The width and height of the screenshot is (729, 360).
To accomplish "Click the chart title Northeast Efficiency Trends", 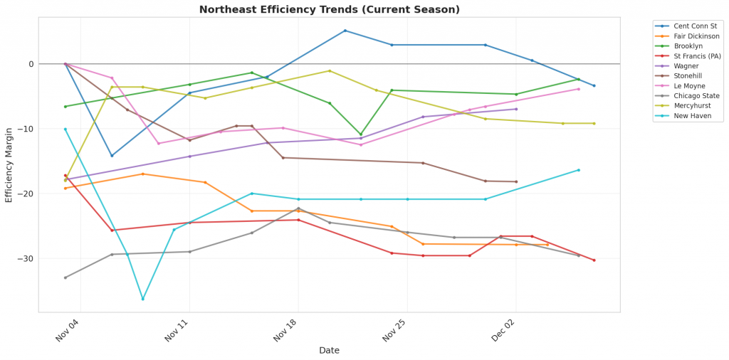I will tap(329, 10).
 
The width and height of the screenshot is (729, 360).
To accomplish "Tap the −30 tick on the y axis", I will tap(24, 258).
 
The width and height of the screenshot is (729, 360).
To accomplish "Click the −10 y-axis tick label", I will tap(24, 129).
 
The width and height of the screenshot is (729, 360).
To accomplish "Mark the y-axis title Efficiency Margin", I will tap(9, 164).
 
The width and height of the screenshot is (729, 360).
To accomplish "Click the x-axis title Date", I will tap(329, 350).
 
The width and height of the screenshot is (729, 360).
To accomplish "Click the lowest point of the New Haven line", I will tap(142, 299).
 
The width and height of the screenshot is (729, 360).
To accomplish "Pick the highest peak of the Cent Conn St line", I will tap(345, 31).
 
